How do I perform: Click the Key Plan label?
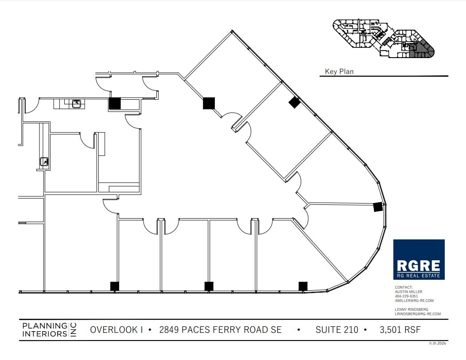pos(339,71)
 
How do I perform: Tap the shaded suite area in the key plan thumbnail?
pos(421,49)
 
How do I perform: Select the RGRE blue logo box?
pos(419,259)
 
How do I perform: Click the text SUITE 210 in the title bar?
pos(337,330)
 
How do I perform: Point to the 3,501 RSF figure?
pos(400,330)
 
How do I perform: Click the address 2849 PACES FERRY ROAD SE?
pos(220,330)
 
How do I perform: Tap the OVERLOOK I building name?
pos(116,330)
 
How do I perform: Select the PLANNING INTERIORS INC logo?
pos(49,330)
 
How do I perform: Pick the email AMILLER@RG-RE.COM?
pos(414,301)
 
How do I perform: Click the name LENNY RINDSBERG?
pos(412,309)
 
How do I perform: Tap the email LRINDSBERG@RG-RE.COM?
pos(418,314)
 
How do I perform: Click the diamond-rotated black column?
pos(295,102)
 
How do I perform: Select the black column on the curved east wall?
pos(377,207)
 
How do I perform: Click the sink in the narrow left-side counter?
pos(43,162)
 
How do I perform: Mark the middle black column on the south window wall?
pos(209,286)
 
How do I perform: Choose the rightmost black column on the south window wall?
pos(303,286)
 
